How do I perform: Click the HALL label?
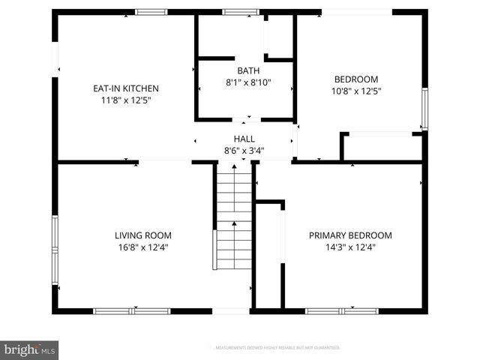tap(244, 139)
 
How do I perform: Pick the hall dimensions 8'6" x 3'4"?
tap(244, 150)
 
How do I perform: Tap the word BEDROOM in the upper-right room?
tap(355, 79)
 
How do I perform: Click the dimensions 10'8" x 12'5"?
tap(355, 91)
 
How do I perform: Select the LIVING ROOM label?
tap(142, 235)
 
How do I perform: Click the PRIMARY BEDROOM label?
tap(350, 235)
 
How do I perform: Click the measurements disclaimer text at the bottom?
tap(277, 348)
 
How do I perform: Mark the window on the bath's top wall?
tap(240, 11)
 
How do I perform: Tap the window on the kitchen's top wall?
tap(151, 11)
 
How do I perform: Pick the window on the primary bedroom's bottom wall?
tap(333, 310)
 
